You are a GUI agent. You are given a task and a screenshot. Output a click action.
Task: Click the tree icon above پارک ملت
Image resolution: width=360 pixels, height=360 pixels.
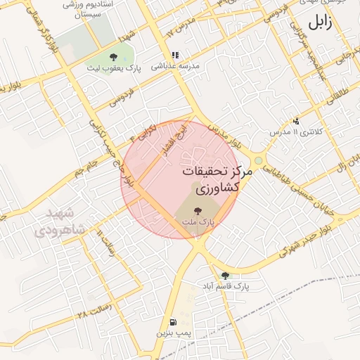click(197, 210)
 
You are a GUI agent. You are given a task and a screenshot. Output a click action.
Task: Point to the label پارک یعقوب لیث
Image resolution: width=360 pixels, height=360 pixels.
click(114, 68)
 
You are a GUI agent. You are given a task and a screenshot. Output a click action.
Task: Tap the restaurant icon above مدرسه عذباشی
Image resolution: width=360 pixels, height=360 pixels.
click(174, 54)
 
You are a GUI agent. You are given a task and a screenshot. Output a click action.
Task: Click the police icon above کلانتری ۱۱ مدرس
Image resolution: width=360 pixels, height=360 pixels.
click(296, 120)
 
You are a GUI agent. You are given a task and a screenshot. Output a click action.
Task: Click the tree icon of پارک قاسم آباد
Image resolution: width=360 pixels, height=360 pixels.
click(225, 276)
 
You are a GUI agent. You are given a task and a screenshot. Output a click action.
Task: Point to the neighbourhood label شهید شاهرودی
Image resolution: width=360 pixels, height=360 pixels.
click(58, 221)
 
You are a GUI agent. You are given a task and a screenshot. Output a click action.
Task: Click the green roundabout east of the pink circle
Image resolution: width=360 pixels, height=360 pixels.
click(259, 161)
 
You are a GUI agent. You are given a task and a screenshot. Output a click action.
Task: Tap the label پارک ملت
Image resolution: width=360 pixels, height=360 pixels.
click(197, 221)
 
